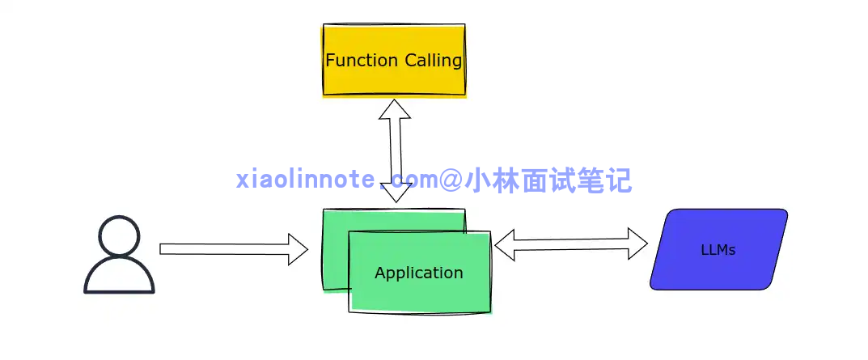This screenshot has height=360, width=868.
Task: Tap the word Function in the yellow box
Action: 361,60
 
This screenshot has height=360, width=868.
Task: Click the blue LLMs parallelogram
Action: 718,249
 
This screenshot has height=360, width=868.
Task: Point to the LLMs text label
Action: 718,250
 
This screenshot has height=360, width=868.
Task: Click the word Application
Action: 418,273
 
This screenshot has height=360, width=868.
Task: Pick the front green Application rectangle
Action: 419,291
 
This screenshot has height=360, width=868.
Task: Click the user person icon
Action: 119,254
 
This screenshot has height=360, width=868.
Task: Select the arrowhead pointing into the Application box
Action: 299,248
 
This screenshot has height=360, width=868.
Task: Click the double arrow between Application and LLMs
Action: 571,244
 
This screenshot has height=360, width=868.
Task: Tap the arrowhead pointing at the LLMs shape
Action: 638,243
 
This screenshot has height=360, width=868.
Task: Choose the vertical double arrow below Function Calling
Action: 395,150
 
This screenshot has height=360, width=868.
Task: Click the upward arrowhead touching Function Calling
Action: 395,109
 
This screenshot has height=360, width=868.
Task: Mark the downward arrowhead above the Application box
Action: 396,193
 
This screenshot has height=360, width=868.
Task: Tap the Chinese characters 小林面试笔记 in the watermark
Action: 548,180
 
